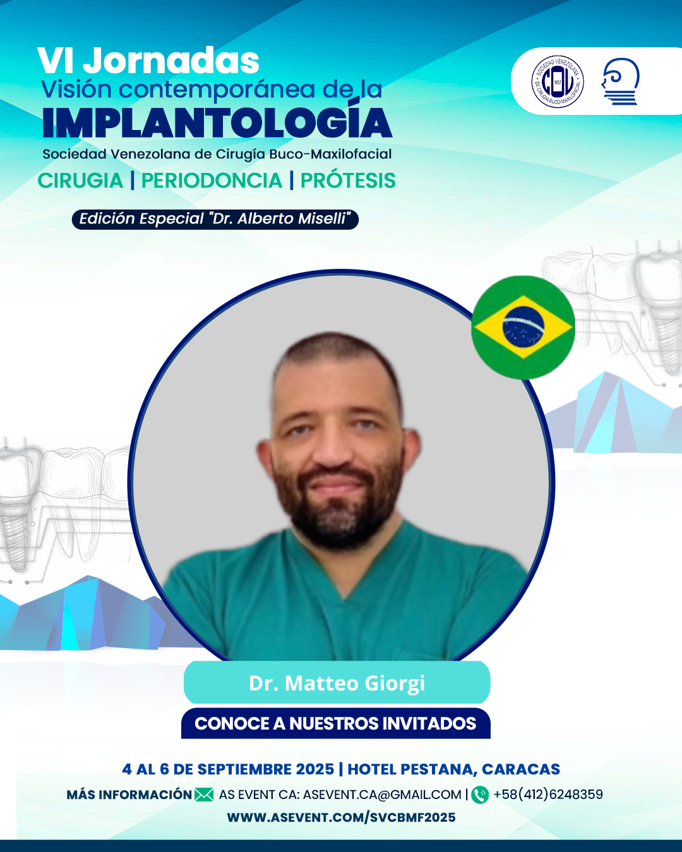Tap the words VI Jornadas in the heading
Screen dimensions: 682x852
tap(148, 61)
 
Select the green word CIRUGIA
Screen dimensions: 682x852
tap(80, 180)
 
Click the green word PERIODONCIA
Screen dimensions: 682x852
tap(212, 180)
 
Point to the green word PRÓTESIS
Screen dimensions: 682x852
tap(348, 180)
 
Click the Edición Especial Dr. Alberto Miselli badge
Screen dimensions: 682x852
tap(215, 219)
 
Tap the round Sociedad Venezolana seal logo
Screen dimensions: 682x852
tap(557, 81)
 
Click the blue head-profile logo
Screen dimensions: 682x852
tap(620, 81)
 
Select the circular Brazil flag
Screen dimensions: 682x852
tap(523, 328)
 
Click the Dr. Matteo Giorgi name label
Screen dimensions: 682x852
tap(337, 683)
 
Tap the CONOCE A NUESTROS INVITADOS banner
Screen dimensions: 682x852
tap(336, 724)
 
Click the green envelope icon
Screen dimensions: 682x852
tap(204, 795)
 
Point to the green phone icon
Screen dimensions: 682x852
tap(480, 795)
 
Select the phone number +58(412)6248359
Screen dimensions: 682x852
tap(548, 795)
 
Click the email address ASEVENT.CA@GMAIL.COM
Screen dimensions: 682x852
tap(382, 795)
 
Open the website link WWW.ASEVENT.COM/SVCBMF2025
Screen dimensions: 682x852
tap(341, 817)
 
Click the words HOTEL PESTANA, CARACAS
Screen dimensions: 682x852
tap(454, 769)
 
